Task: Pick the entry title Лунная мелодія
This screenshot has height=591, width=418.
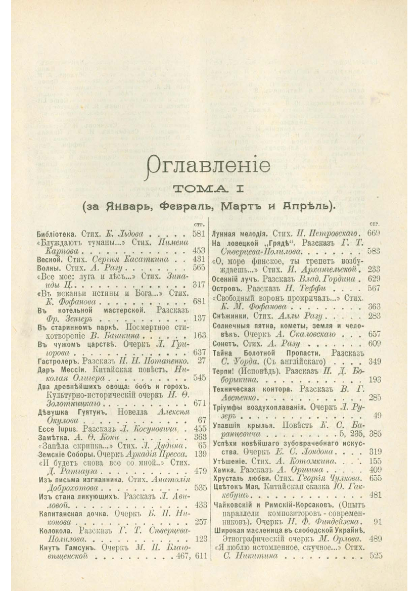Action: click(x=239, y=234)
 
